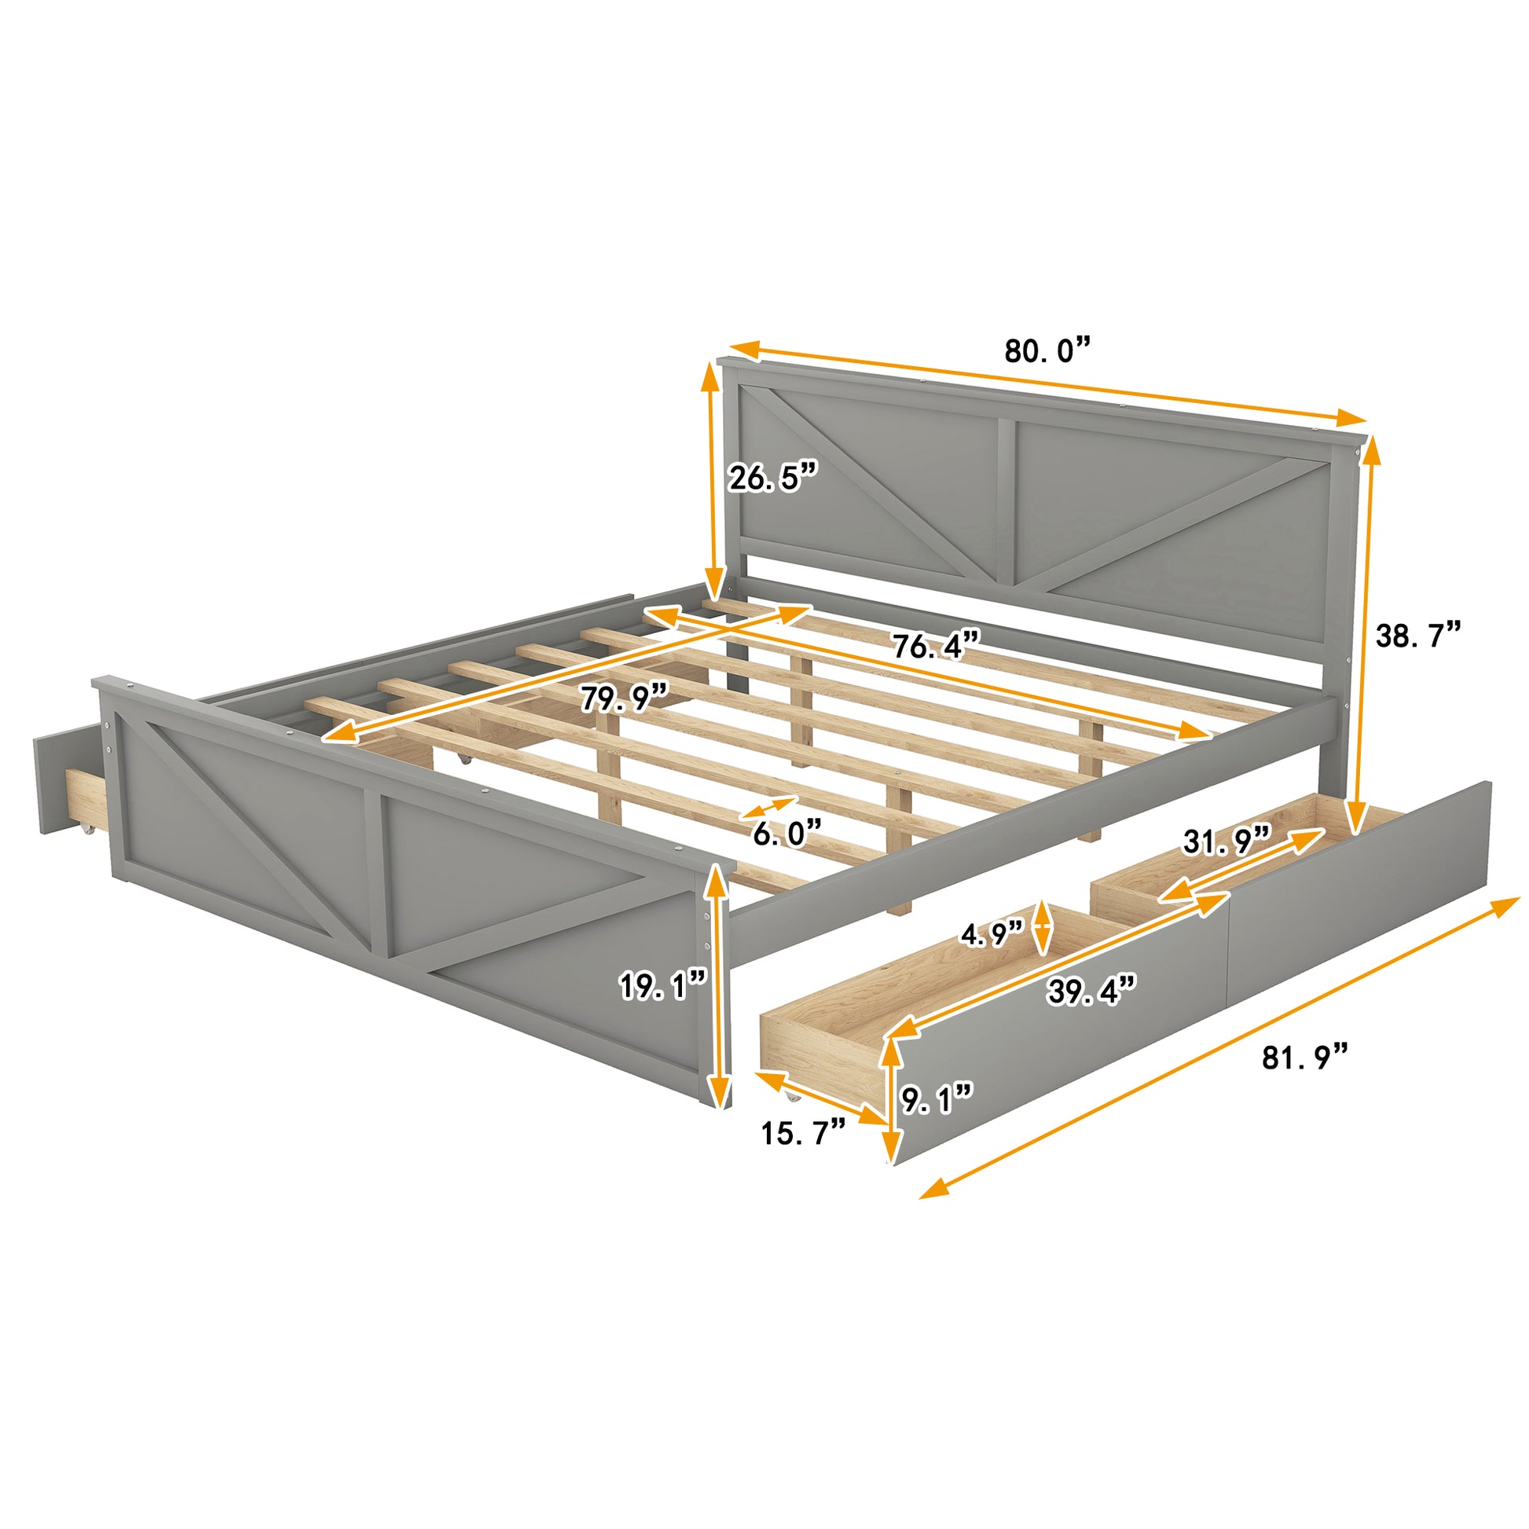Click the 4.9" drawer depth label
point(992,935)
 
